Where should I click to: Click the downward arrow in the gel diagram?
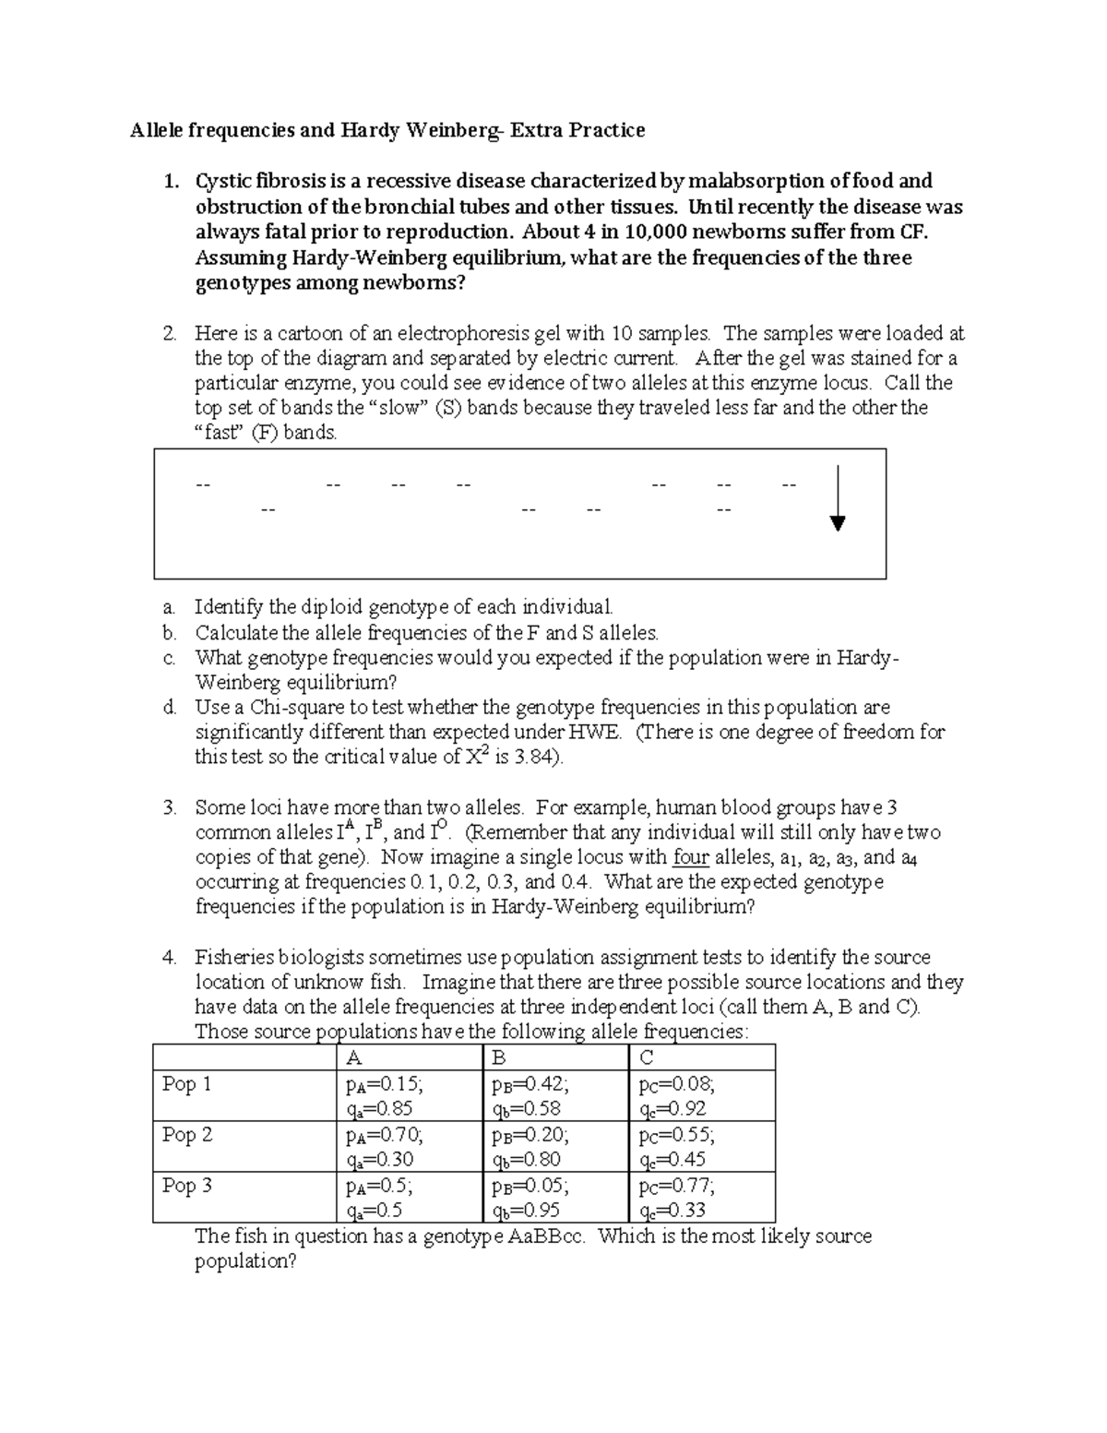point(837,498)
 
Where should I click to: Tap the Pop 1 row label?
point(186,1084)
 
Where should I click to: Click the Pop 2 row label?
point(186,1135)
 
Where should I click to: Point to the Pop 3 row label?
point(186,1186)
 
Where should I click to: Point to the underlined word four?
point(691,857)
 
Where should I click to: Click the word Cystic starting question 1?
point(222,181)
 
